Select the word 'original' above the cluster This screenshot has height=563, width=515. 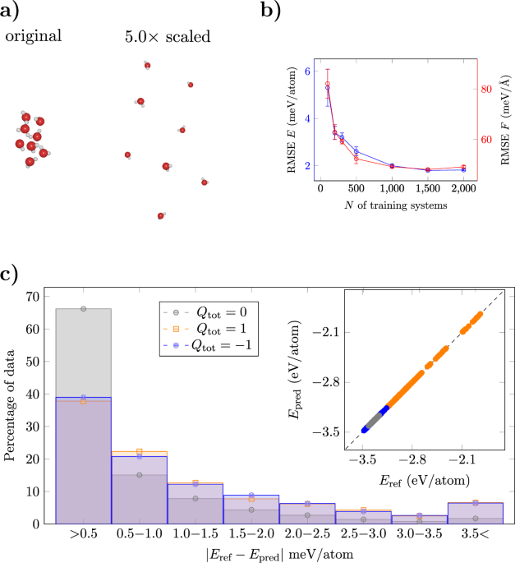point(34,37)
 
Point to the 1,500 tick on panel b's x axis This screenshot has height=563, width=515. point(428,189)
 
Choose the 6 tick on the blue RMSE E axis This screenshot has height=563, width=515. point(307,71)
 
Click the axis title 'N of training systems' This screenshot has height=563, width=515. point(393,205)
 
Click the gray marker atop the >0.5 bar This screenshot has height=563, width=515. point(83,309)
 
